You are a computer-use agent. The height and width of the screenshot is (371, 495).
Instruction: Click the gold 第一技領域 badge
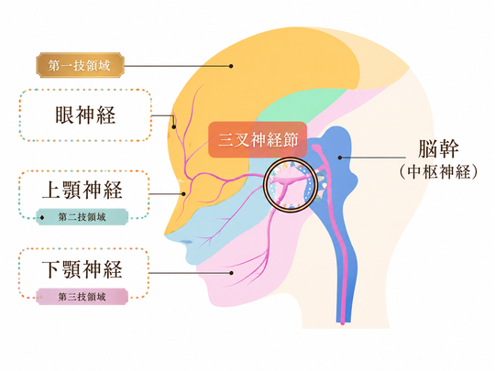coord(80,65)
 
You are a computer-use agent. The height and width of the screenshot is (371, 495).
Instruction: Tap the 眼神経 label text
coord(85,115)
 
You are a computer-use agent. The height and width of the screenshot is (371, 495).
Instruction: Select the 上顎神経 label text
coord(82,190)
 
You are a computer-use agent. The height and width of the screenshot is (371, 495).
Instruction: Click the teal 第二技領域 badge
coord(82,217)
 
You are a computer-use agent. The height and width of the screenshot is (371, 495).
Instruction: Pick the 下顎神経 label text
coord(82,269)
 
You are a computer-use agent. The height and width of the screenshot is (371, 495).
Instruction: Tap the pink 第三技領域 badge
coord(82,297)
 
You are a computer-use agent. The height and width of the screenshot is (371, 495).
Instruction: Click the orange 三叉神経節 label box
coord(258,139)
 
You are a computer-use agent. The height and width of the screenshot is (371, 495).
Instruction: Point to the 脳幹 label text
coord(438,148)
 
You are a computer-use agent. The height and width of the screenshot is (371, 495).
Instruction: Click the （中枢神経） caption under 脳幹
coord(438,172)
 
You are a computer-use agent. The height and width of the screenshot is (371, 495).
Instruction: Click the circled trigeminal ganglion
coord(290,184)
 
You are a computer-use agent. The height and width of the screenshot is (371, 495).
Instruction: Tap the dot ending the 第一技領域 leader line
coord(231,66)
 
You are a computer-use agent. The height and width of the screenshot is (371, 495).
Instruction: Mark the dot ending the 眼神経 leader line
coord(173,127)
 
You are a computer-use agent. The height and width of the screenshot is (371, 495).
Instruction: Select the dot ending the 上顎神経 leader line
coord(183,194)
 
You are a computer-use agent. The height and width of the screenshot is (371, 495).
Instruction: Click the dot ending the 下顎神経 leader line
coord(231,273)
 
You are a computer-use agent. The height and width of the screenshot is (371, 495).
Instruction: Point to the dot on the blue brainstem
coord(340,158)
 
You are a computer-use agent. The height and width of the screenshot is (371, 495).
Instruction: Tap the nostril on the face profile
coord(187,242)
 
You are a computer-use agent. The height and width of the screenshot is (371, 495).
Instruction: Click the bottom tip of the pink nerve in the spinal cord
coord(343,323)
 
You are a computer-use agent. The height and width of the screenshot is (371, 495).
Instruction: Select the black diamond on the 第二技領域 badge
coord(42,217)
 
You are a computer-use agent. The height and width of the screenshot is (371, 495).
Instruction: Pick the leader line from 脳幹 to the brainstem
coord(373,158)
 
